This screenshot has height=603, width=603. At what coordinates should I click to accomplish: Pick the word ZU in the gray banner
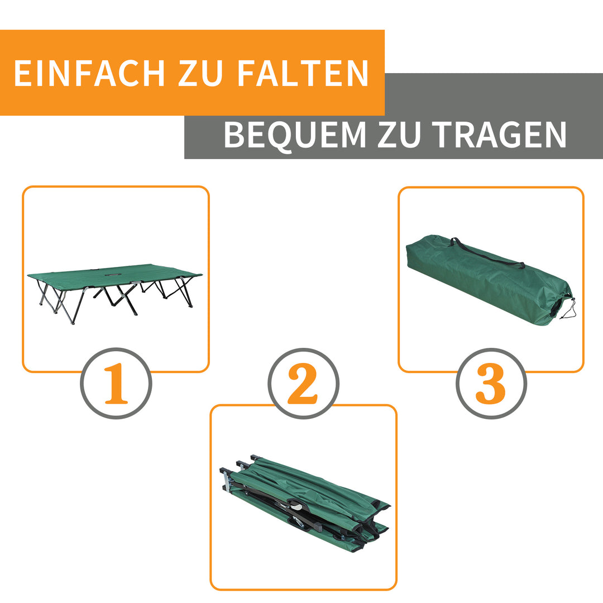pos(399,135)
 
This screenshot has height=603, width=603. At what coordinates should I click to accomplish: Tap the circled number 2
pos(303,384)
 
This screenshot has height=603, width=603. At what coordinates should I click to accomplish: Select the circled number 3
pos(491,384)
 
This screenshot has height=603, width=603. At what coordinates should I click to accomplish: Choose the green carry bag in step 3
pos(486,279)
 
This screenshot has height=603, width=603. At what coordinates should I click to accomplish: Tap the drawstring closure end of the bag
pos(561,304)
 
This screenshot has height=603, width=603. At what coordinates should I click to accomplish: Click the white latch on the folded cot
pos(298,507)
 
